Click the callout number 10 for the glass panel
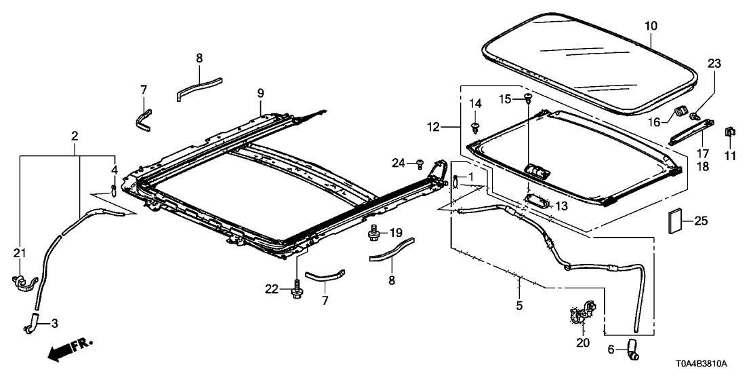tap(650, 26)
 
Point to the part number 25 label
tap(700, 221)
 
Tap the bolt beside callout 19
tap(373, 235)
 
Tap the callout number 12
tap(433, 127)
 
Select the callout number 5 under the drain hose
tap(519, 306)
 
